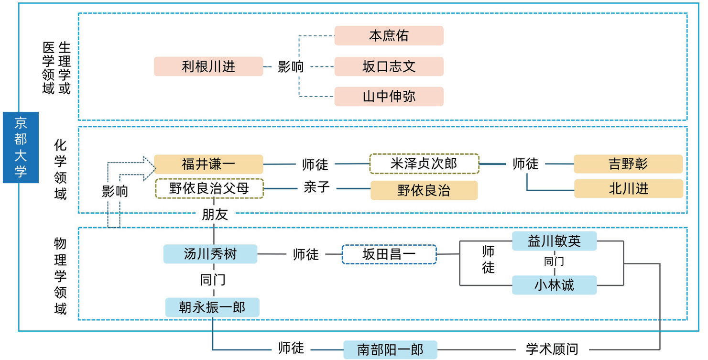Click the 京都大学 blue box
pyautogui.click(x=21, y=147)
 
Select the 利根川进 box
pyautogui.click(x=208, y=66)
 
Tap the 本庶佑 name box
pyautogui.click(x=389, y=36)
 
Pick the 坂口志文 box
pyautogui.click(x=389, y=66)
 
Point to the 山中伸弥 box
pyautogui.click(x=389, y=97)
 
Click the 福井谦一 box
pyautogui.click(x=208, y=164)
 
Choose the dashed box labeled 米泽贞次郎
pyautogui.click(x=424, y=164)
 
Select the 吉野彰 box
pyautogui.click(x=628, y=164)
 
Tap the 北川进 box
pyautogui.click(x=628, y=188)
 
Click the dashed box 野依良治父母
pyautogui.click(x=209, y=188)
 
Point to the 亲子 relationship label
pyautogui.click(x=317, y=187)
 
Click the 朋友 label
pyautogui.click(x=215, y=215)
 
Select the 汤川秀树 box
pyautogui.click(x=210, y=254)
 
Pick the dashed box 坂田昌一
pyautogui.click(x=389, y=254)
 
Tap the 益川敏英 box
pyautogui.click(x=554, y=241)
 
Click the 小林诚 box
pyautogui.click(x=554, y=285)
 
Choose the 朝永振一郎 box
pyautogui.click(x=212, y=307)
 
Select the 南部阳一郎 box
pyautogui.click(x=390, y=349)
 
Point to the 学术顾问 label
pyautogui.click(x=552, y=349)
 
